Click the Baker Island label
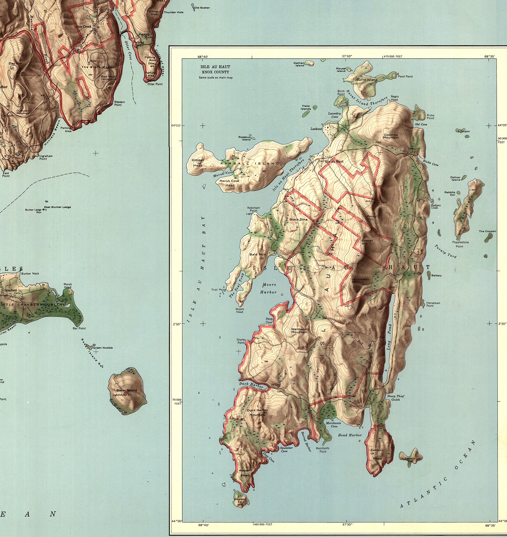click(127, 390)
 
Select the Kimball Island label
click(250, 164)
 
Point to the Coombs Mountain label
click(391, 136)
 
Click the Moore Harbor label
click(268, 288)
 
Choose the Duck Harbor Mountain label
click(257, 412)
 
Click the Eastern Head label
click(376, 454)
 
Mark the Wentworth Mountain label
click(300, 330)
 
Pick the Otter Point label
click(155, 84)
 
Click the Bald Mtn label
click(257, 254)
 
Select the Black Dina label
click(298, 220)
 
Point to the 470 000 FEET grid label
click(393, 56)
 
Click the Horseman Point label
click(433, 304)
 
